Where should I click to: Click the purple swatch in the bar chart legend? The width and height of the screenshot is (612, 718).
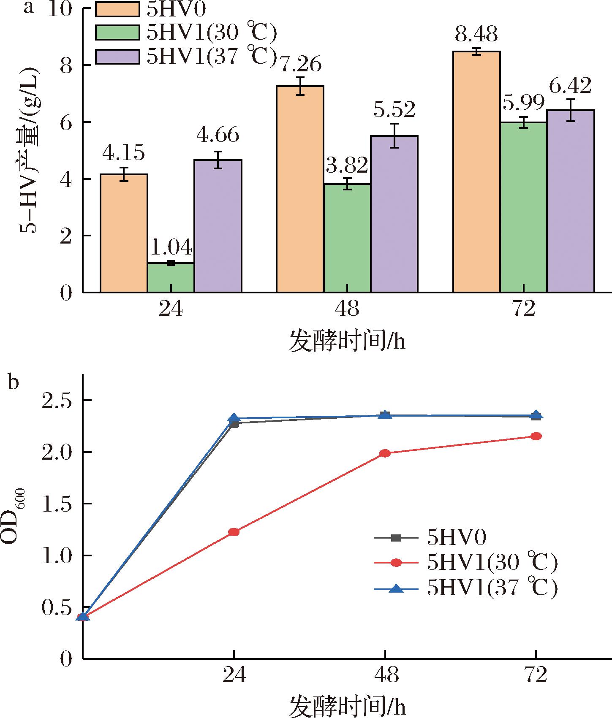(x=117, y=57)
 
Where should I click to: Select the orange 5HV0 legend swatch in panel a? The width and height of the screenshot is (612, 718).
(x=117, y=9)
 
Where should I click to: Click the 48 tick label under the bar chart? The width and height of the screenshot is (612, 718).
(x=347, y=309)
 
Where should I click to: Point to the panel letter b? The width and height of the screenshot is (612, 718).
(x=14, y=382)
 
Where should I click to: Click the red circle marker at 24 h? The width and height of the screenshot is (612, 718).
(x=234, y=532)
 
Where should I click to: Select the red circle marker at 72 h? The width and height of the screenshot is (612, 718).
(x=536, y=436)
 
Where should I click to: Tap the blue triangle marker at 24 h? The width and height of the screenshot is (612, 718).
(x=234, y=418)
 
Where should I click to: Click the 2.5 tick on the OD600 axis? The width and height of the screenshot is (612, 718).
(x=58, y=400)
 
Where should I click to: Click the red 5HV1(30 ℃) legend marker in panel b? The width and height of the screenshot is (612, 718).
(x=396, y=563)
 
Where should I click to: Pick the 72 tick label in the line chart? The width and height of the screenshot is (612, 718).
(x=536, y=675)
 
